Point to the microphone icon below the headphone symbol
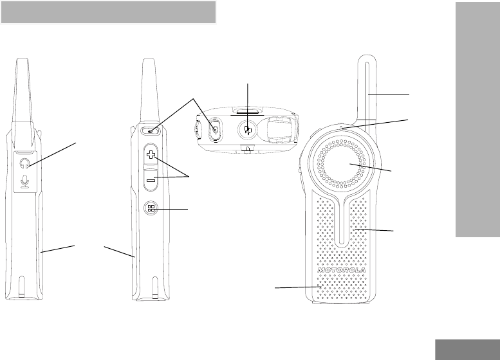coord(25,183)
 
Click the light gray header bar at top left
coord(108,12)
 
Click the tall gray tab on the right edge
coord(476,129)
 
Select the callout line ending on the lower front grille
coord(296,288)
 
